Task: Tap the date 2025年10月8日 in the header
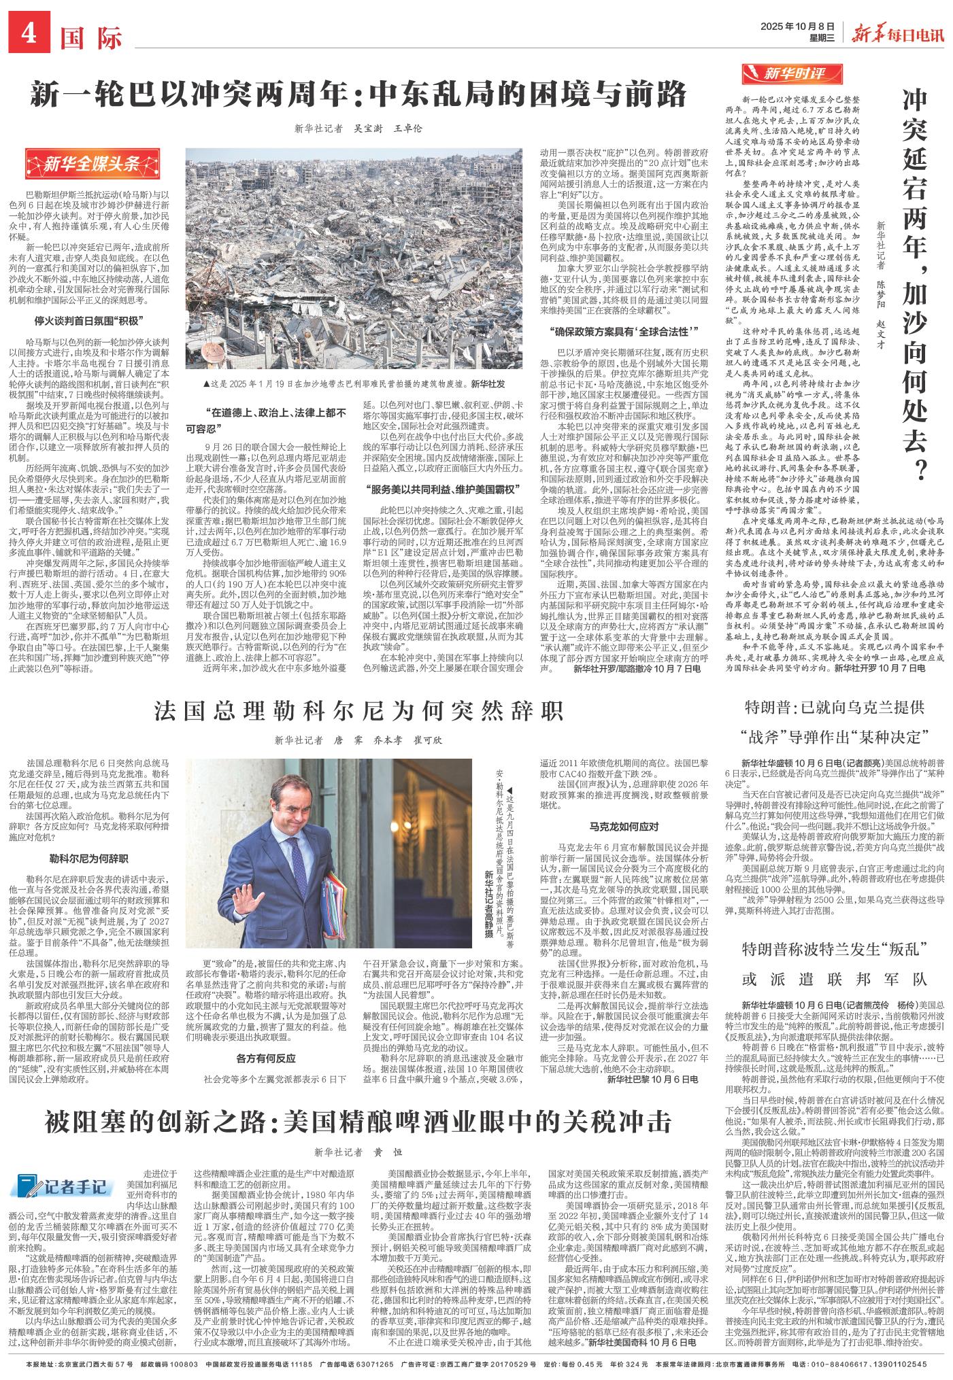click(x=796, y=27)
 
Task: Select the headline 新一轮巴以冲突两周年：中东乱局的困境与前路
click(x=357, y=96)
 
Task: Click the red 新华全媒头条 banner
click(x=84, y=163)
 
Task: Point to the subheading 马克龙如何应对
click(x=624, y=827)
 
